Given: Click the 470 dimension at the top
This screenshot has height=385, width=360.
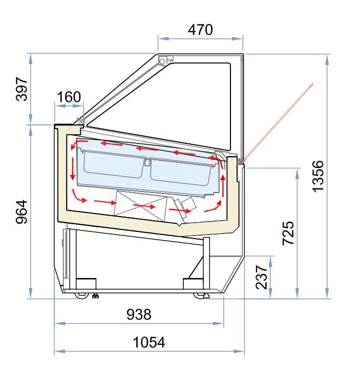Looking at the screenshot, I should click(200, 30).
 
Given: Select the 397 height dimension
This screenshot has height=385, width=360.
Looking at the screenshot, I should click(22, 89).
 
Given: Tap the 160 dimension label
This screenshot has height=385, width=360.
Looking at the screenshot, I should click(69, 97).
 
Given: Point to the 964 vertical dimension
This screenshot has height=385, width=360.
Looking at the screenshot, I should click(22, 212).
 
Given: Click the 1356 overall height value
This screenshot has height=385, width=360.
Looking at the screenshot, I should click(318, 176).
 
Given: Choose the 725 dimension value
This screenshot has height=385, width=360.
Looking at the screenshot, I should click(288, 233).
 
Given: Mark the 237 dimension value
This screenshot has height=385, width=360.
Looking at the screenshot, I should click(261, 277).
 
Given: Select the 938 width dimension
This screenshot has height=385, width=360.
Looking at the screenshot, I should click(139, 314).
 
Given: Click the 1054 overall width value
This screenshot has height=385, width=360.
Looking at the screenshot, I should click(149, 342).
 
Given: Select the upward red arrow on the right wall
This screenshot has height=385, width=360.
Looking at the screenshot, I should click(223, 185).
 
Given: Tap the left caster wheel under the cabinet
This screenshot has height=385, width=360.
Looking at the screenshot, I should click(81, 295).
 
